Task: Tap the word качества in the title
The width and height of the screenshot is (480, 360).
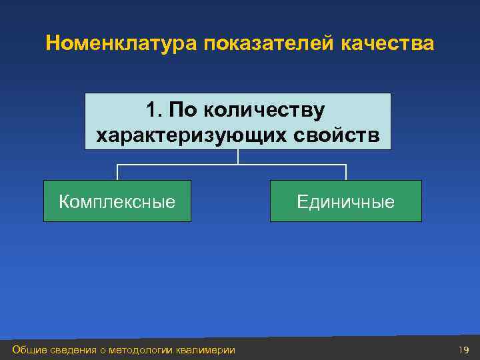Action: (x=387, y=44)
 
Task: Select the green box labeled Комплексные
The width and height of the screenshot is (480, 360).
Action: (x=117, y=201)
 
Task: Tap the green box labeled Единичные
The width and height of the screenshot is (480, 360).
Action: (x=345, y=201)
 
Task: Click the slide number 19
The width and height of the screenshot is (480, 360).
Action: (x=464, y=350)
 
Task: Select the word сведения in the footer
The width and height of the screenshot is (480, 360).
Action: (x=73, y=350)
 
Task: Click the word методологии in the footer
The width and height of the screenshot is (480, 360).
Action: (x=141, y=350)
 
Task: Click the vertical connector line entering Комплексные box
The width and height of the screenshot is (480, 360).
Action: (x=117, y=172)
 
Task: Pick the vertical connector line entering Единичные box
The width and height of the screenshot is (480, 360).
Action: (x=346, y=172)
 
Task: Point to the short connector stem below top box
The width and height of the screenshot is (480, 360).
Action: (x=238, y=157)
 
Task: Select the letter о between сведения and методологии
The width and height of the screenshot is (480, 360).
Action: (x=103, y=351)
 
